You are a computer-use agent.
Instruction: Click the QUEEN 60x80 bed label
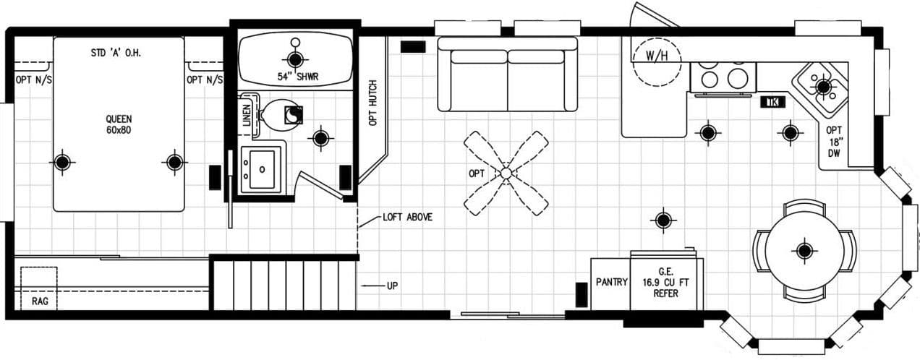point(119,125)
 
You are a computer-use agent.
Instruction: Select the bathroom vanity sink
point(261,168)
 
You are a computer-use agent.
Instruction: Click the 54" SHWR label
point(294,77)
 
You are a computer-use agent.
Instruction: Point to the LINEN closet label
point(247,116)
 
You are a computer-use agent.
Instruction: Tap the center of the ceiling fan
point(506,173)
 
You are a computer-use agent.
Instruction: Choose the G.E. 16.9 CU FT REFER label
point(665,282)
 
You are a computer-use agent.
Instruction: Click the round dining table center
point(804,250)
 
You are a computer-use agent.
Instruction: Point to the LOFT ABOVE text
point(407,217)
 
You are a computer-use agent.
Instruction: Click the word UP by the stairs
point(392,286)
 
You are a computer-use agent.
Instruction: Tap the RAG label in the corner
point(40,301)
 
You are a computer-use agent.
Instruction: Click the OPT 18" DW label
point(835,142)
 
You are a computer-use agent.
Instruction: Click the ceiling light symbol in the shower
point(294,59)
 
